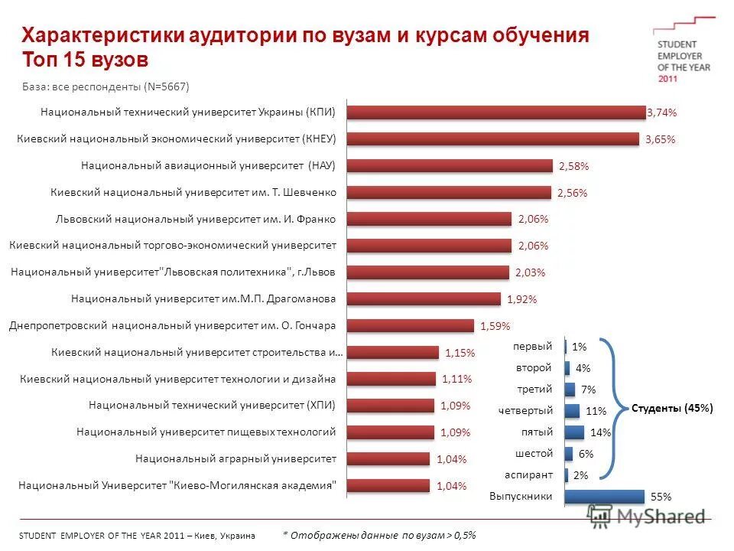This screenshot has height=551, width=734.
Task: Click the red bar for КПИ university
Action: (x=496, y=112)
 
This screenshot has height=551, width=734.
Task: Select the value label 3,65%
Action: (x=661, y=139)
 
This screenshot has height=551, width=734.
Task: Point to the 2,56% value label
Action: (x=573, y=193)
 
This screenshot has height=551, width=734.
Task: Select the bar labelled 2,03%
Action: (x=427, y=272)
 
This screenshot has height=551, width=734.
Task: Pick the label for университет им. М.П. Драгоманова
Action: (x=203, y=298)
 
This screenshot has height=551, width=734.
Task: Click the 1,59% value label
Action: (x=495, y=326)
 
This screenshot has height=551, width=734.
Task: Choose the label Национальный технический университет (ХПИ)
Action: (x=212, y=405)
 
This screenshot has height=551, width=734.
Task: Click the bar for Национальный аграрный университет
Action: (x=388, y=458)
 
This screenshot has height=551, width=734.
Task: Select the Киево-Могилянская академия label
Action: (x=177, y=485)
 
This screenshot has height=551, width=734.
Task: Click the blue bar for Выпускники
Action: (x=605, y=496)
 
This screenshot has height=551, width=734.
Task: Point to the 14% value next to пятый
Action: (x=600, y=432)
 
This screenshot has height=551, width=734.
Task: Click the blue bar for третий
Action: (x=570, y=390)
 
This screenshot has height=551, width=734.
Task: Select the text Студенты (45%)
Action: (x=672, y=408)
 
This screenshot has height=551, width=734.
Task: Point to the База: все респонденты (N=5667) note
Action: (x=105, y=86)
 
